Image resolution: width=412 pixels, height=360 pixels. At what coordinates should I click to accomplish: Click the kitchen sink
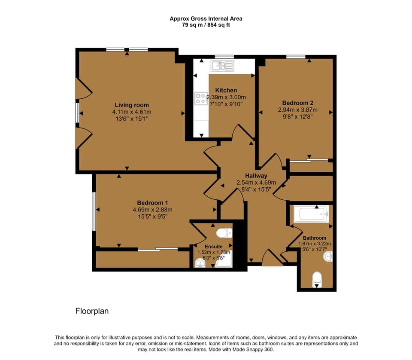(x=222, y=66)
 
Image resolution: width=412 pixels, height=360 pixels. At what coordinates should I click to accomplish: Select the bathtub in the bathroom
(x=311, y=214)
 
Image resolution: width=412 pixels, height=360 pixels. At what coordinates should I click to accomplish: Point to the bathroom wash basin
(x=329, y=257)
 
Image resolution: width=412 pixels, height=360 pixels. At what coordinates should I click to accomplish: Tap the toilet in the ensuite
(x=224, y=233)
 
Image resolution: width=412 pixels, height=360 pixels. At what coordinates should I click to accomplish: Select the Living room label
(x=132, y=105)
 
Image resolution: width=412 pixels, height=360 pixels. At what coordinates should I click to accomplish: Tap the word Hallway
(x=256, y=176)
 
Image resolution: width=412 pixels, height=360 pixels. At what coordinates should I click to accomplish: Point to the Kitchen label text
(x=226, y=90)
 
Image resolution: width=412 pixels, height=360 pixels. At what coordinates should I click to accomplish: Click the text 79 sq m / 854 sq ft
(x=206, y=25)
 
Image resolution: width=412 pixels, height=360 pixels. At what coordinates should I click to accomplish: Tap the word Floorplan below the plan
(x=92, y=311)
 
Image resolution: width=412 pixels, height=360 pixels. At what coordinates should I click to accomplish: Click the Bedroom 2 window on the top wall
(x=296, y=56)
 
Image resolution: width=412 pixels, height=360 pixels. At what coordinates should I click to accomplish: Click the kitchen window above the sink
(x=224, y=57)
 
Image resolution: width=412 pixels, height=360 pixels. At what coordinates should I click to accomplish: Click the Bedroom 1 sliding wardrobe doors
(x=158, y=249)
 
